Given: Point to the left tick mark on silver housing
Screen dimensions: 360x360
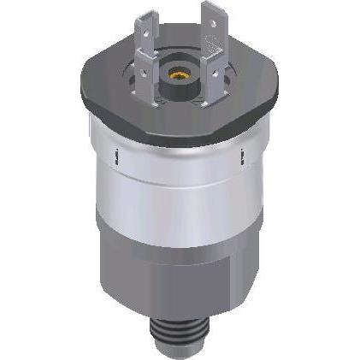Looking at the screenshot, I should click(115, 155).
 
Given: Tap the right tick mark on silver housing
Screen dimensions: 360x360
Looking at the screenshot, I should click(245, 156).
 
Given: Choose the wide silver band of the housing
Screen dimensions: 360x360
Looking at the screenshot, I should click(180, 184).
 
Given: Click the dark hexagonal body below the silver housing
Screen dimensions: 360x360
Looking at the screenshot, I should click(180, 274).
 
